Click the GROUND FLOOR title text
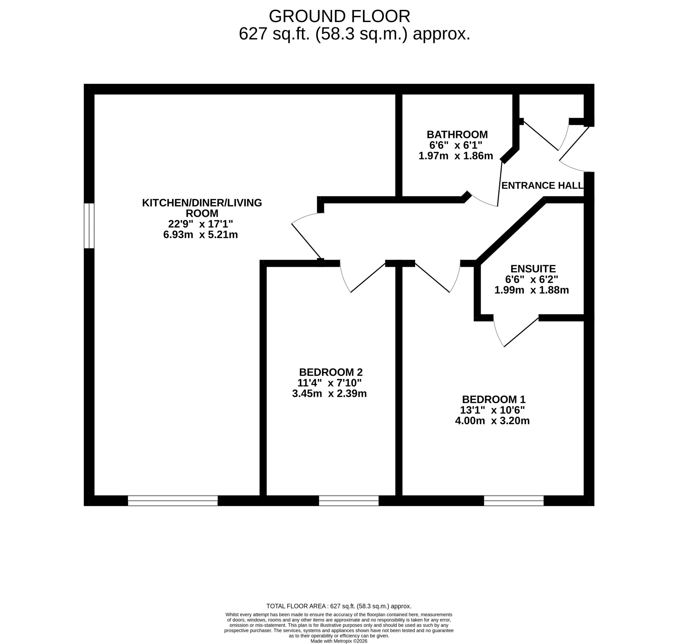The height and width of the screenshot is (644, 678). (339, 16)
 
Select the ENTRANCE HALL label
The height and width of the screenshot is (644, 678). (542, 185)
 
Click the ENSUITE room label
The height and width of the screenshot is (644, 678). (533, 269)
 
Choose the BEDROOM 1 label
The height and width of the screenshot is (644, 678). (494, 399)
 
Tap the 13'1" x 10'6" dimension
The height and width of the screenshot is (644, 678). (492, 410)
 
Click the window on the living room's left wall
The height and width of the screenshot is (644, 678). (89, 226)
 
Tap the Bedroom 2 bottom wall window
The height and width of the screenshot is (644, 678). (349, 500)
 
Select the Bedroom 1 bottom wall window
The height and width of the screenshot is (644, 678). (514, 500)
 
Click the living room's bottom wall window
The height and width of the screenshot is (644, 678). (173, 500)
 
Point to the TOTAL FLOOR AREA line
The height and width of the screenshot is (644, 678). (339, 606)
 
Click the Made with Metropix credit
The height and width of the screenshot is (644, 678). (339, 641)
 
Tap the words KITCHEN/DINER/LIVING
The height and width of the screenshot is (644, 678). (202, 203)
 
